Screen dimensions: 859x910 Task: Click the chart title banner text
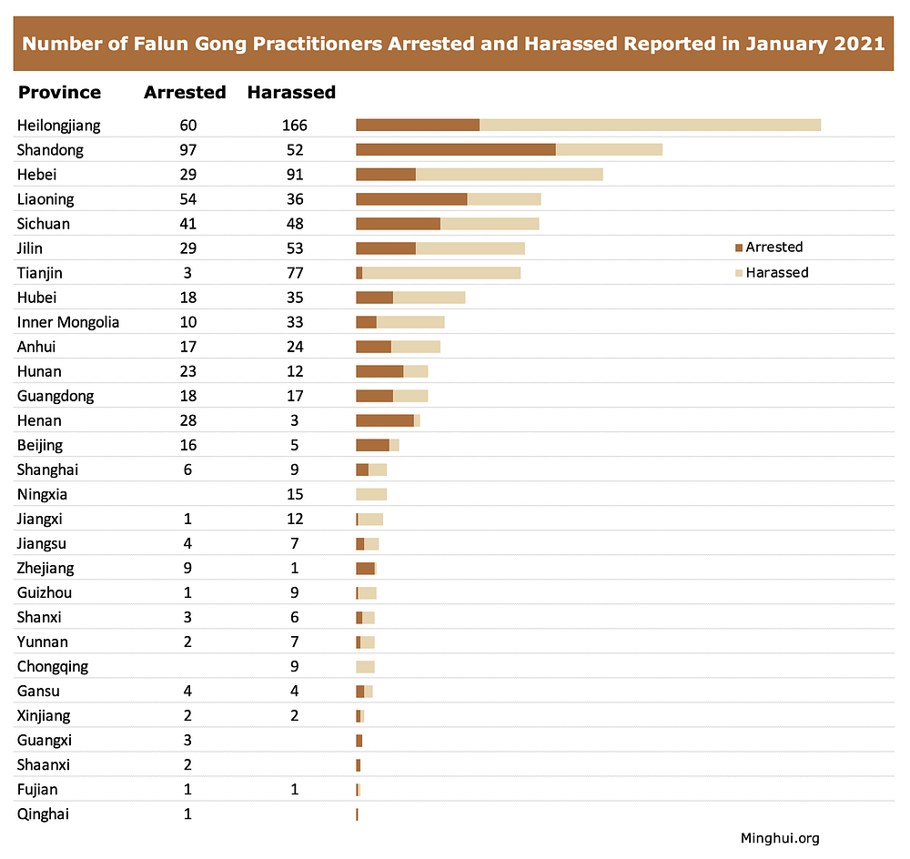pos(453,44)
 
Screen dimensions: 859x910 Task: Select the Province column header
pos(59,92)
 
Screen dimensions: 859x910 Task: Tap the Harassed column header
pos(291,92)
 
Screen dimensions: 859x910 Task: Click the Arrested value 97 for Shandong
pos(187,150)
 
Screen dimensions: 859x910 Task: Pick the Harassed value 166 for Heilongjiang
pos(294,126)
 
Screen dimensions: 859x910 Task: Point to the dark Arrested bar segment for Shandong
pos(455,150)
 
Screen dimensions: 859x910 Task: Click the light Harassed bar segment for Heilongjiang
pos(650,126)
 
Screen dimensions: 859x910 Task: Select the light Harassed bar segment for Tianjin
pos(441,273)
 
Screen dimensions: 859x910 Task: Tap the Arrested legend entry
pos(769,248)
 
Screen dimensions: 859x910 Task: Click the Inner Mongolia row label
pos(68,322)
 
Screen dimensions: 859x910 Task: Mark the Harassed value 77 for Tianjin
pos(294,273)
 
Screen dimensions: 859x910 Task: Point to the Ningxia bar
pos(371,494)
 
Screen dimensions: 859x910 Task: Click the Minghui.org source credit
pos(780,838)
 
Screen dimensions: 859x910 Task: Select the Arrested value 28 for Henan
pos(187,420)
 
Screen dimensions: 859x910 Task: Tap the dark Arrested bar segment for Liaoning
pos(411,199)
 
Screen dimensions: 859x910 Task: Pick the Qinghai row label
pos(43,814)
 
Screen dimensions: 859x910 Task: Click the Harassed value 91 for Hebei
pos(294,175)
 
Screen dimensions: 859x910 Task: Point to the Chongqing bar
pos(365,667)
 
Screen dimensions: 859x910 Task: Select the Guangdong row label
pos(56,396)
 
